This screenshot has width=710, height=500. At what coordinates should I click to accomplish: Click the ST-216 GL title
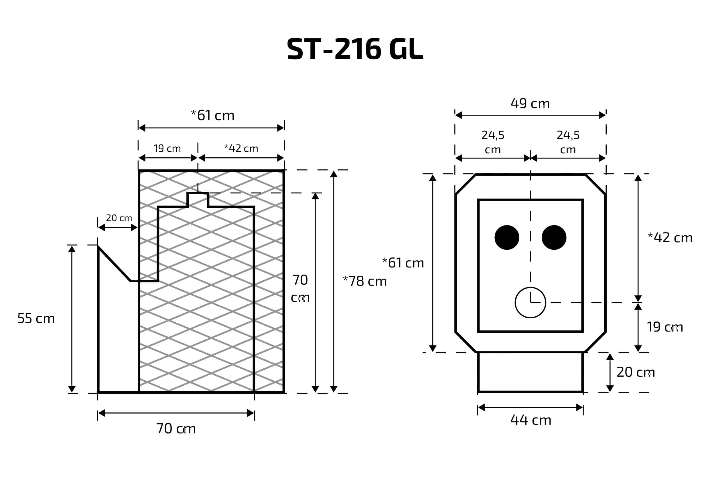point(355,49)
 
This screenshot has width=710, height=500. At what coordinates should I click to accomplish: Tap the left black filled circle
point(507,237)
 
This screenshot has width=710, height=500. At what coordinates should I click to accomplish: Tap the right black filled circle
point(554,237)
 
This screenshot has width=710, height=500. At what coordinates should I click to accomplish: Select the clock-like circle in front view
point(530,303)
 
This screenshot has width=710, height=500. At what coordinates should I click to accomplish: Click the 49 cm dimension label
point(530,104)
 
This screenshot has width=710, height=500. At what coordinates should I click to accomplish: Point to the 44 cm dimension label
point(531,420)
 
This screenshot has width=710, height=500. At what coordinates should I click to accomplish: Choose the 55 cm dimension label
point(36,318)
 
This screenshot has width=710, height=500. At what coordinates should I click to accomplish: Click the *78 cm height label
point(365,281)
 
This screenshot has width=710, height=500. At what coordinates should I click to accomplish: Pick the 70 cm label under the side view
point(176,428)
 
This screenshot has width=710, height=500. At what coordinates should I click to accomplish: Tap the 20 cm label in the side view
point(119,218)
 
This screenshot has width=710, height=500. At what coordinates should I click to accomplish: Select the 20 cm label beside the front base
point(636,372)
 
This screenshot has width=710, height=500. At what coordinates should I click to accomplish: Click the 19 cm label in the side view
point(167,149)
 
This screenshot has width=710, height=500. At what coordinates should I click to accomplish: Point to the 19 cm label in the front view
point(665,327)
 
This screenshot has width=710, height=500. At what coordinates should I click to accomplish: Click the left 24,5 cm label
point(493,142)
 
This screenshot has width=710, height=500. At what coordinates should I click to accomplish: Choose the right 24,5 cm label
point(568,142)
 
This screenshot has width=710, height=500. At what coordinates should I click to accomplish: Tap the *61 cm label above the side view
point(212,115)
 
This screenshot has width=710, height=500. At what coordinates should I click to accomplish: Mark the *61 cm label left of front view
point(403,263)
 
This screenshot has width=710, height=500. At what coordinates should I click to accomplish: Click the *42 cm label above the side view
point(241,149)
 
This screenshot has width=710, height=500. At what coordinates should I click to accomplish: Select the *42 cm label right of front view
point(670,238)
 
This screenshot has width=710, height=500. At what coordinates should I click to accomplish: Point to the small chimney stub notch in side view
point(198,200)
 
